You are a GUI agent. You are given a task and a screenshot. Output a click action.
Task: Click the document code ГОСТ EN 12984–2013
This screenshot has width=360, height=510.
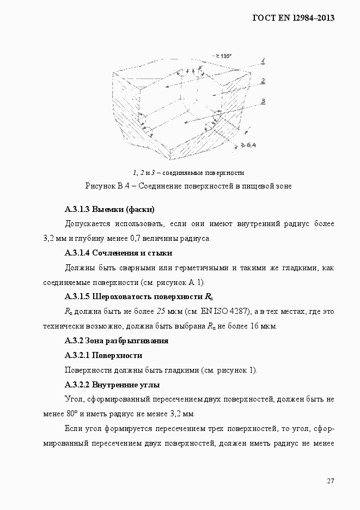coord(293,18)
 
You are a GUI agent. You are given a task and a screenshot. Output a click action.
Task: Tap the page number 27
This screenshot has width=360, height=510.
coord(331,481)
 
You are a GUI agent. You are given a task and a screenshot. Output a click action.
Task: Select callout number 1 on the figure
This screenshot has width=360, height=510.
coord(262,60)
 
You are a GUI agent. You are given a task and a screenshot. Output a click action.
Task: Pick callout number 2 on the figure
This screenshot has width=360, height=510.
coord(263,81)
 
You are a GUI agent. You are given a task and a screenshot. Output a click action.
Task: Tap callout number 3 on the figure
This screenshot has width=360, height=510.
coord(263,101)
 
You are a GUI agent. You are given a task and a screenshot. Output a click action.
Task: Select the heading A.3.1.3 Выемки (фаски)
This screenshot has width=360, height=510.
coord(109,209)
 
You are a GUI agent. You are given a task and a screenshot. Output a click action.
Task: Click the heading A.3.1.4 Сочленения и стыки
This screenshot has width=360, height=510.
coord(118,253)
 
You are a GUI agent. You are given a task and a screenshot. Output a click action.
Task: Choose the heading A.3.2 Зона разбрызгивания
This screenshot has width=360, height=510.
coord(116,341)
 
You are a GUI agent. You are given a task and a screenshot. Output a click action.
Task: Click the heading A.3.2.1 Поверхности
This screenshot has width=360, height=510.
coord(103,355)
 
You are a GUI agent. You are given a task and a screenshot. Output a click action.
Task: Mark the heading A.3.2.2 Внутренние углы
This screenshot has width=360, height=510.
coord(112,385)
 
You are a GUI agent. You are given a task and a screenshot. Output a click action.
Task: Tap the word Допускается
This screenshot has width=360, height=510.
coord(88,224)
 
